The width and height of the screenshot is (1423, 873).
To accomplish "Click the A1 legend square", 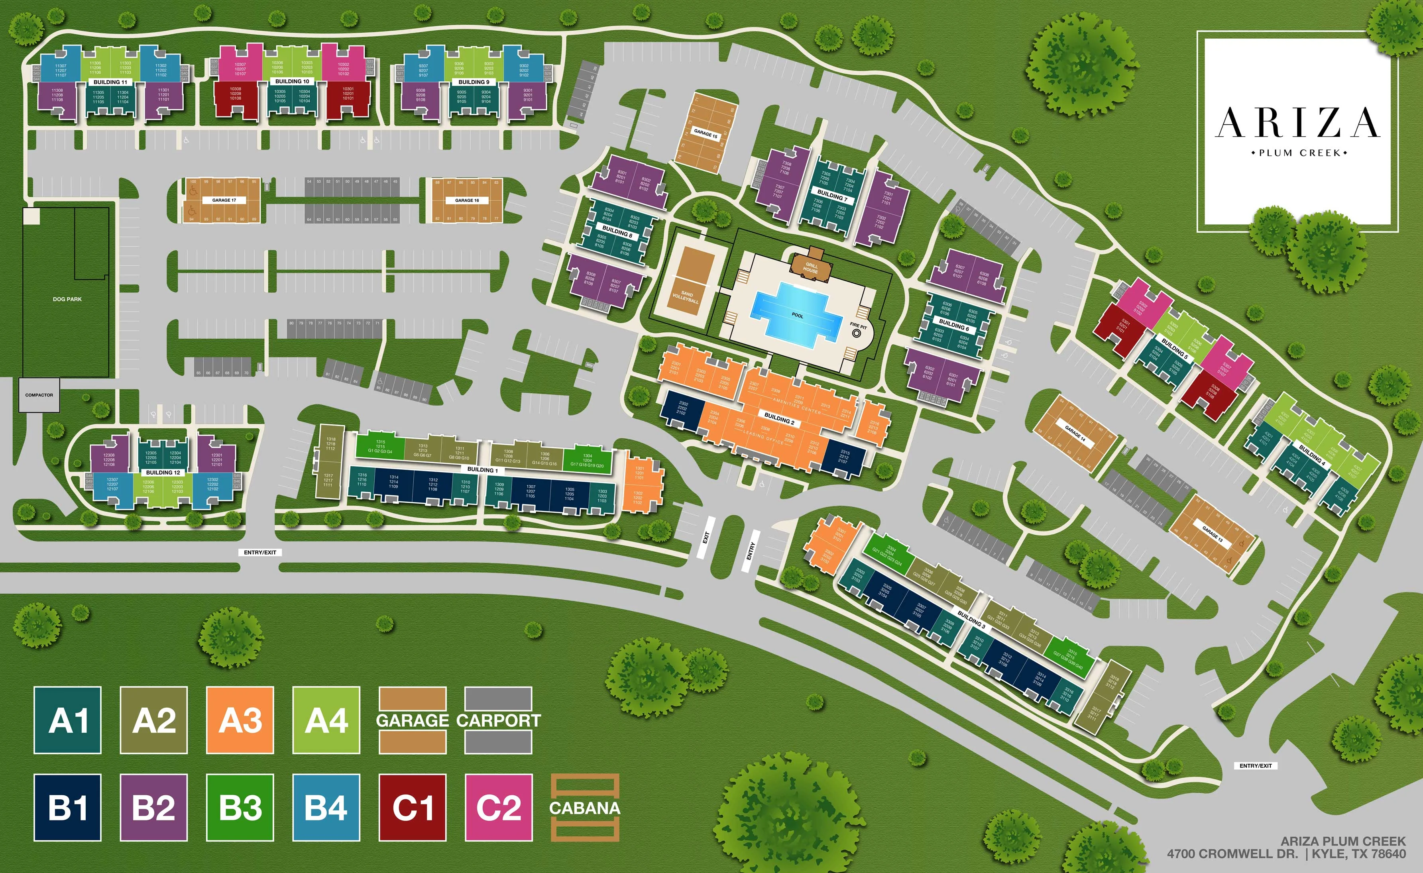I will [68, 720].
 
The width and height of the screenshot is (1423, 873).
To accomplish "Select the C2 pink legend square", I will [498, 807].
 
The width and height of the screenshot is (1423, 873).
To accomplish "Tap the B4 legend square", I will [326, 807].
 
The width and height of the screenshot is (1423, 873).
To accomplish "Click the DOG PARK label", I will [67, 299].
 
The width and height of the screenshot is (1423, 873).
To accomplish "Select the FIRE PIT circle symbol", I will [857, 333].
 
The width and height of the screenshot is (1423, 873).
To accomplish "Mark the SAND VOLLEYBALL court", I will [687, 282].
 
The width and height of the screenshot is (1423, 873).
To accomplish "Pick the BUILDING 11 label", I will [110, 82].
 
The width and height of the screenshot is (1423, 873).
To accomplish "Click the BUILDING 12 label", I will [163, 472].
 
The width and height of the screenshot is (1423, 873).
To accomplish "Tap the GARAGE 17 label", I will [224, 200].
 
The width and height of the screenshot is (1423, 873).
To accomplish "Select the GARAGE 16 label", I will [467, 200].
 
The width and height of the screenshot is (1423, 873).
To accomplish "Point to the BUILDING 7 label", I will [832, 194].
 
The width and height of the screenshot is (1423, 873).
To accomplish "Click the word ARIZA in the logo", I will [1298, 123].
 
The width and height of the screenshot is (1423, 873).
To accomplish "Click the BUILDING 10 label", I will [292, 81].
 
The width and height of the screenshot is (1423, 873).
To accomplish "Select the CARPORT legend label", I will [498, 720].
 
